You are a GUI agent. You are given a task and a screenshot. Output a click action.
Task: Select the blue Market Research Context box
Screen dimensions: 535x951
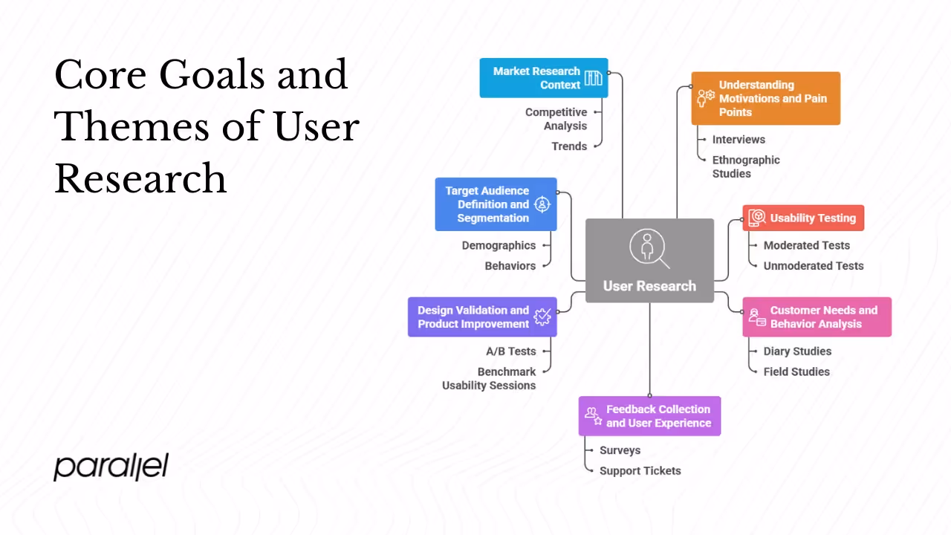coord(543,78)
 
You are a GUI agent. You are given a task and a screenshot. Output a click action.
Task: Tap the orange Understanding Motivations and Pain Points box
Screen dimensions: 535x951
coord(765,98)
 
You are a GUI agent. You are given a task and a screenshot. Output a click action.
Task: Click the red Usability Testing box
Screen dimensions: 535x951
coord(803,218)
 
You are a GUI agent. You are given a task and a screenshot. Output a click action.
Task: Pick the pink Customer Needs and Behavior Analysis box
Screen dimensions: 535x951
coord(817,317)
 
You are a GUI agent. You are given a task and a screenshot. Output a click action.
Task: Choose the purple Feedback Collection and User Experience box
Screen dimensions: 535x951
coord(649,416)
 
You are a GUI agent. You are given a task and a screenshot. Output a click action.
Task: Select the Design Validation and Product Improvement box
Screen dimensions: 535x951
coord(481,317)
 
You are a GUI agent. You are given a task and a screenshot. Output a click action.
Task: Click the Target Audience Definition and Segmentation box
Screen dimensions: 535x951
coord(496,204)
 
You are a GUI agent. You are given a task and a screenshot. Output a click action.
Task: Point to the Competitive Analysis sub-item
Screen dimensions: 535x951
coord(556,119)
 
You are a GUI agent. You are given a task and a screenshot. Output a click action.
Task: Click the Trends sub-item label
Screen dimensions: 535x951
coord(569,146)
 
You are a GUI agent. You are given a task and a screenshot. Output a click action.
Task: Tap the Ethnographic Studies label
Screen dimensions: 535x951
coord(746,166)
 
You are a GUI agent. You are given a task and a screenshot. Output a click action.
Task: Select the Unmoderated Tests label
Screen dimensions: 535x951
coord(814,265)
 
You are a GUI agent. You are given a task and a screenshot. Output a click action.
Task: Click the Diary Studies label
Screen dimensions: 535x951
coord(797,351)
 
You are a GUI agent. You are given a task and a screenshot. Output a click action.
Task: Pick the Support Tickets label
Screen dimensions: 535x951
coord(640,470)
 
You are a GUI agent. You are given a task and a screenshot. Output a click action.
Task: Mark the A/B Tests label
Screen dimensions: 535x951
coord(506,351)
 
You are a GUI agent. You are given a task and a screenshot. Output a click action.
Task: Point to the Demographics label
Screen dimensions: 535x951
coord(499,245)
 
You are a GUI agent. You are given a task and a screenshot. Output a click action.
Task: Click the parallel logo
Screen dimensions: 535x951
coord(111,467)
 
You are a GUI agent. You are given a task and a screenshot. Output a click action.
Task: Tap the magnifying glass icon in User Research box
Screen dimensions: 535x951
coord(649,248)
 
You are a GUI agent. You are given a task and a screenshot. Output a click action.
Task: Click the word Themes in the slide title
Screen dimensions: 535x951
coord(129,126)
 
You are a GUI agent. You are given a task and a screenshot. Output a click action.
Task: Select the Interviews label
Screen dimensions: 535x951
coord(739,140)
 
